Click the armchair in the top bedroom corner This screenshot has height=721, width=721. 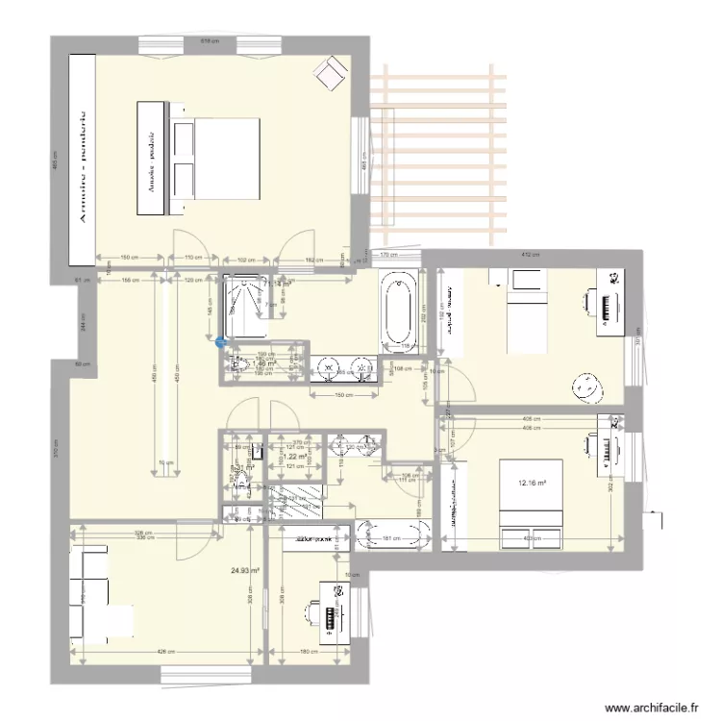tap(334, 71)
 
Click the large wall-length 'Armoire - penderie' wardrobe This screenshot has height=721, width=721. tap(82, 159)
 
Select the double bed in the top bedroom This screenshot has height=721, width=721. tap(218, 159)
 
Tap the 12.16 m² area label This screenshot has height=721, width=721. tap(533, 485)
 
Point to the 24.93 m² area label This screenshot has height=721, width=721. tap(245, 570)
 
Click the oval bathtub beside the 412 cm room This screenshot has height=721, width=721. tap(397, 310)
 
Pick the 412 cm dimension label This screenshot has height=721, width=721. tap(527, 255)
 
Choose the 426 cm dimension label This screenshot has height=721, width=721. tap(165, 653)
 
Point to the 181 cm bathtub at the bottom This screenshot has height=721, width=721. tap(393, 536)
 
